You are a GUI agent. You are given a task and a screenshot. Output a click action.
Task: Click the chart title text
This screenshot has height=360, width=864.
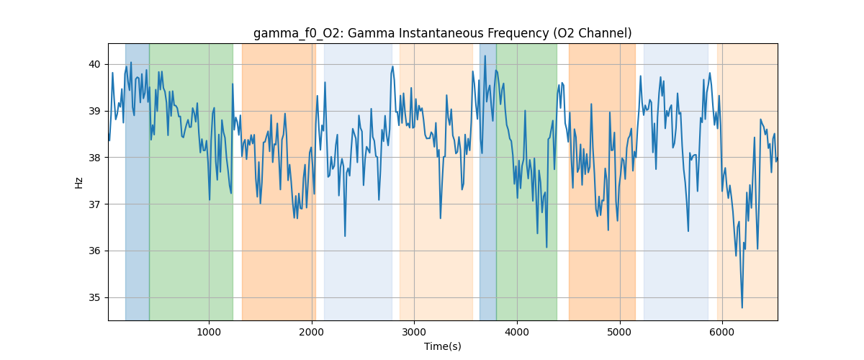pyautogui.click(x=442, y=33)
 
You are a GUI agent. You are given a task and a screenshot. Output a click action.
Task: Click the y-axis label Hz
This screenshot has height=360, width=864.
pyautogui.click(x=78, y=182)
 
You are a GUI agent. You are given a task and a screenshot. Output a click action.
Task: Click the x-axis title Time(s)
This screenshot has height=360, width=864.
pyautogui.click(x=442, y=346)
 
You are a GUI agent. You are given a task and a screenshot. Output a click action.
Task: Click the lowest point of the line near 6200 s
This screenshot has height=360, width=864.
pyautogui.click(x=742, y=307)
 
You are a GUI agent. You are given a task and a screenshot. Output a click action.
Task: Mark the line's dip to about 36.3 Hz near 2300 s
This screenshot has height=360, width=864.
pyautogui.click(x=345, y=235)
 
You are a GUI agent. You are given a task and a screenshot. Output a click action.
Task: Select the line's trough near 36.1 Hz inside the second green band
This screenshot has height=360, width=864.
pyautogui.click(x=546, y=247)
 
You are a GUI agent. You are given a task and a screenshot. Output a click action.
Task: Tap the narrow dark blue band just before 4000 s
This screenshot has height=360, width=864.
pyautogui.click(x=487, y=180)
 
